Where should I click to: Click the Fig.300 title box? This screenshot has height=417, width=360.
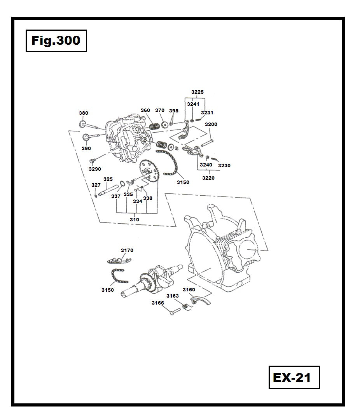coord(56,40)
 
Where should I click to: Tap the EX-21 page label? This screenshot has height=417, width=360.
coord(294,377)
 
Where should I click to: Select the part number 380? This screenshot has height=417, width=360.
coord(84,113)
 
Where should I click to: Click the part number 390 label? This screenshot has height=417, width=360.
coord(86,149)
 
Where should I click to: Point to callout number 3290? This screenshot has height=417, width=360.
coord(95,169)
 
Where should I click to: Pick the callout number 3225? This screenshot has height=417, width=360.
coord(197,92)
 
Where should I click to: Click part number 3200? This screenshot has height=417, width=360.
coord(211,124)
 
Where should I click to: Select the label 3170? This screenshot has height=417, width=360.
coord(127,251)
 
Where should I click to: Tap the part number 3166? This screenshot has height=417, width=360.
coord(158,303)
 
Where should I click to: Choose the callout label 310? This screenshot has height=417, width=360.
coord(135,220)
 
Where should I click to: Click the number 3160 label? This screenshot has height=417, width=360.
coord(189,290)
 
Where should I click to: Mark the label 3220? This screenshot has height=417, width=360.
coord(208,178)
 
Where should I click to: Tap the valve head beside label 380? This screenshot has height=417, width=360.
coord(82,124)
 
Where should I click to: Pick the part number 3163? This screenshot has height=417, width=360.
coord(173,296)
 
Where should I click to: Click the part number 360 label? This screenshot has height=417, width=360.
coord(145,110)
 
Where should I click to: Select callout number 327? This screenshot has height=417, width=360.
coord(96,185)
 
